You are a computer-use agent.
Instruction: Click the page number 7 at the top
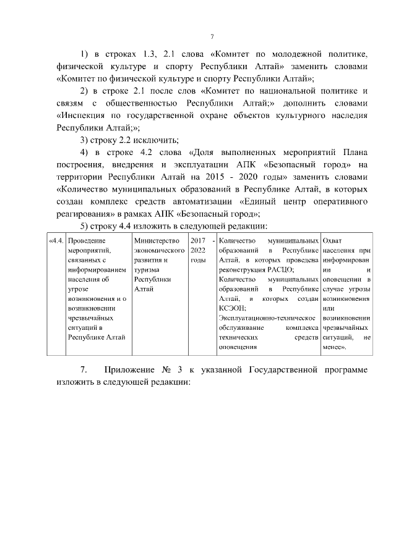pos(212,36)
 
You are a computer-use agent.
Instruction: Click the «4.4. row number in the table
pos(56,240)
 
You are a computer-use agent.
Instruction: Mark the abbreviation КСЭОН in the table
pos(232,308)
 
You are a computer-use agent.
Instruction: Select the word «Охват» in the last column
pos(333,240)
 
